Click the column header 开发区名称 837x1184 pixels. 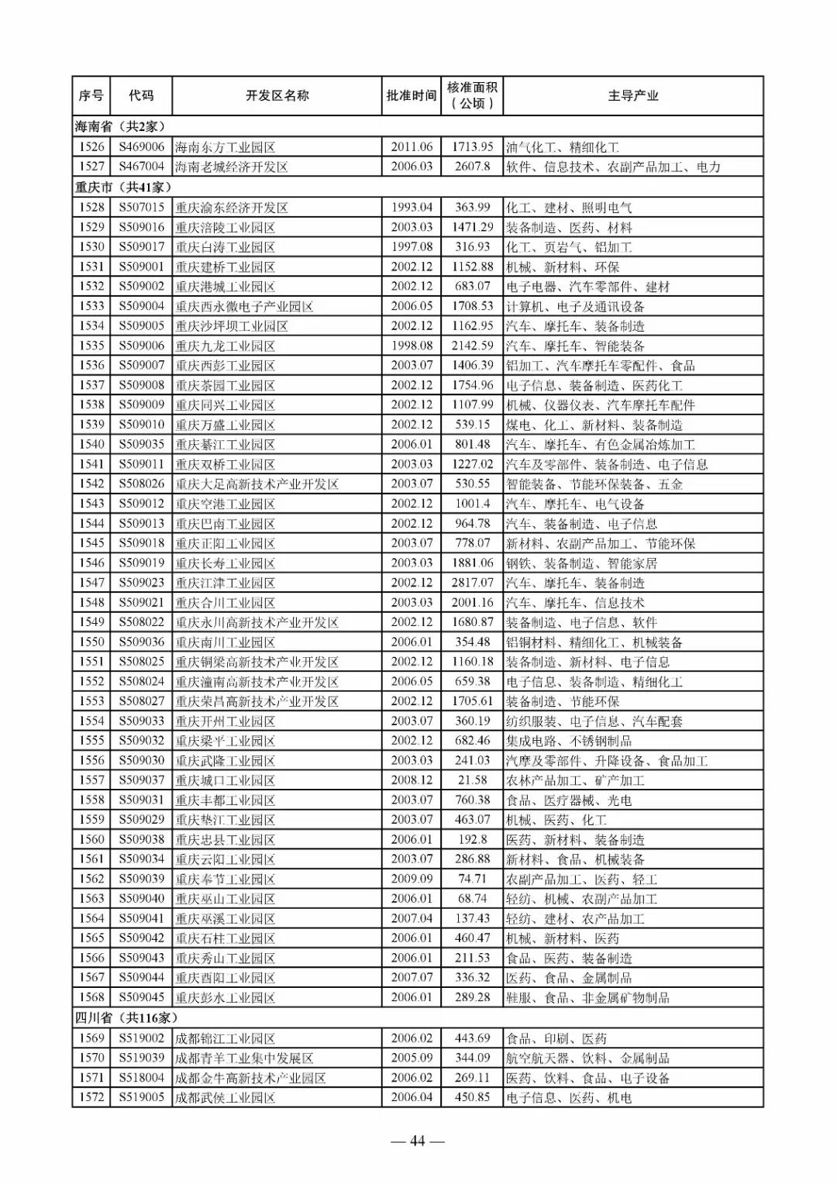pyautogui.click(x=277, y=95)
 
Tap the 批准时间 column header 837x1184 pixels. pyautogui.click(x=412, y=95)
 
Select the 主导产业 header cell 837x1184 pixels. pyautogui.click(x=632, y=95)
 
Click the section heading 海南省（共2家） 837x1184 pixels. pyautogui.click(x=120, y=126)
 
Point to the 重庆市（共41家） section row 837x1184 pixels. pyautogui.click(x=123, y=187)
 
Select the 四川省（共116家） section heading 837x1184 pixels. pyautogui.click(x=126, y=1017)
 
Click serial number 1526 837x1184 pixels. pyautogui.click(x=91, y=146)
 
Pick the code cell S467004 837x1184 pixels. pyautogui.click(x=141, y=167)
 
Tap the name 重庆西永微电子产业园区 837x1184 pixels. pyautogui.click(x=244, y=306)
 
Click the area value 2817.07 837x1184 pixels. pyautogui.click(x=472, y=583)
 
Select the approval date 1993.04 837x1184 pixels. pyautogui.click(x=412, y=207)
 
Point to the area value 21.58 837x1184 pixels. pyautogui.click(x=472, y=780)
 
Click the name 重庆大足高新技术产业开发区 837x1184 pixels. pyautogui.click(x=257, y=484)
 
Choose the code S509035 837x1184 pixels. pyautogui.click(x=141, y=444)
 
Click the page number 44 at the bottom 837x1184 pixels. pyautogui.click(x=418, y=1141)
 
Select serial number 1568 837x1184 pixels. pyautogui.click(x=91, y=997)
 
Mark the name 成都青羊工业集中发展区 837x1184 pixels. pyautogui.click(x=244, y=1058)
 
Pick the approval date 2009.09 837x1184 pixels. pyautogui.click(x=412, y=879)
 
